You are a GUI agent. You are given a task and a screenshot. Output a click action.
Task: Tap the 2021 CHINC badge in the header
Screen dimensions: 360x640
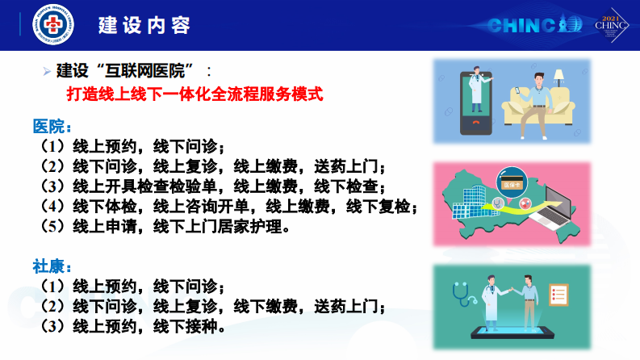[x=610, y=25]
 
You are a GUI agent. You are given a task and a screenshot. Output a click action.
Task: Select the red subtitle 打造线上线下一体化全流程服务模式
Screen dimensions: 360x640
[x=195, y=94]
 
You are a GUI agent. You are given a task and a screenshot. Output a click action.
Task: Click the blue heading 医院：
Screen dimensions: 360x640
[x=52, y=128]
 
